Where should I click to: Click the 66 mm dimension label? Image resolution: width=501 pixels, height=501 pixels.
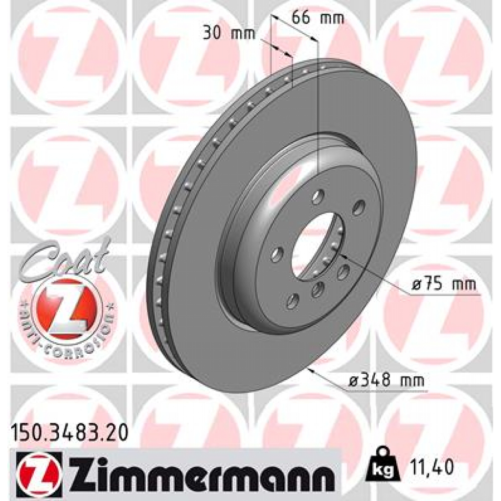(318, 19)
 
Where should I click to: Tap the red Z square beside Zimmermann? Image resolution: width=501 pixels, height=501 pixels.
(39, 472)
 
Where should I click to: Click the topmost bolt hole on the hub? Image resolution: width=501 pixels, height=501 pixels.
(319, 197)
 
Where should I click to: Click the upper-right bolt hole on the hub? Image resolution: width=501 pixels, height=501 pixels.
(358, 207)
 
